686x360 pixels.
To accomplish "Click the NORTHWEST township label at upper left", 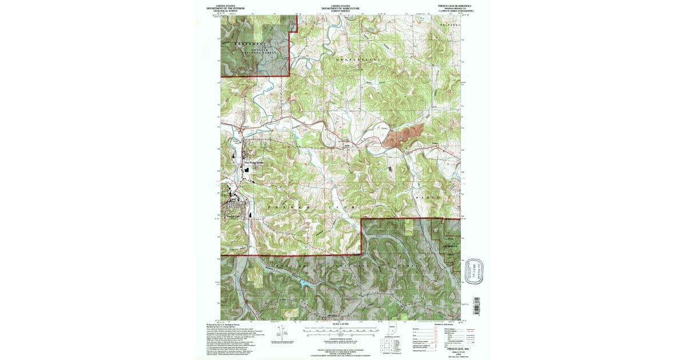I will point(248,44).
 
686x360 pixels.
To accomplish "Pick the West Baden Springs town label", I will point(253,162).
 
